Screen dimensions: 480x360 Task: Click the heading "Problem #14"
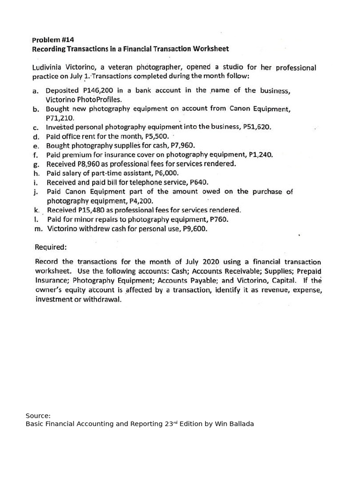point(53,40)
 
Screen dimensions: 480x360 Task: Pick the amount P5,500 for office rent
point(155,136)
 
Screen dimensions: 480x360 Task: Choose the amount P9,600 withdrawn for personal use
point(192,229)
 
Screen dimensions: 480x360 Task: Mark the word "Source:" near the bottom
point(38,415)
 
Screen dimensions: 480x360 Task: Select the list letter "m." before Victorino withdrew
point(38,229)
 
